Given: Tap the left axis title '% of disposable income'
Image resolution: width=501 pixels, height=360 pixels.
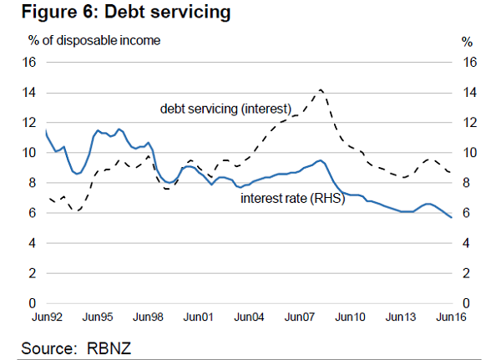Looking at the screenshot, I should coord(94,39).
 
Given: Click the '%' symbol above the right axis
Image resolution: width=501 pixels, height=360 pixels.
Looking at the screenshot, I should coord(468,41).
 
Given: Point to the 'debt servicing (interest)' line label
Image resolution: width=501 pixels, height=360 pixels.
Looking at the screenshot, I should coord(225,109).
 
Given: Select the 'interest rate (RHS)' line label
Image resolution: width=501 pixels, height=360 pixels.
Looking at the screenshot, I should coord(292,199).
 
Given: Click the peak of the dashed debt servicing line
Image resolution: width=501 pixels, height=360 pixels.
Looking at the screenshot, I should coord(321,89).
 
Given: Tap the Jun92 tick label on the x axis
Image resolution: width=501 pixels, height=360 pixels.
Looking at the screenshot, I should coord(47,317).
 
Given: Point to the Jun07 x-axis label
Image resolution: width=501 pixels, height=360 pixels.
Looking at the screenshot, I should coord(300,317).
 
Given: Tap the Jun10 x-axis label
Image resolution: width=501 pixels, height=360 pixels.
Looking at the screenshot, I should coord(351,317).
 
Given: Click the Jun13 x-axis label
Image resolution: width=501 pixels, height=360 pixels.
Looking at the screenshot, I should coord(401,317).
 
